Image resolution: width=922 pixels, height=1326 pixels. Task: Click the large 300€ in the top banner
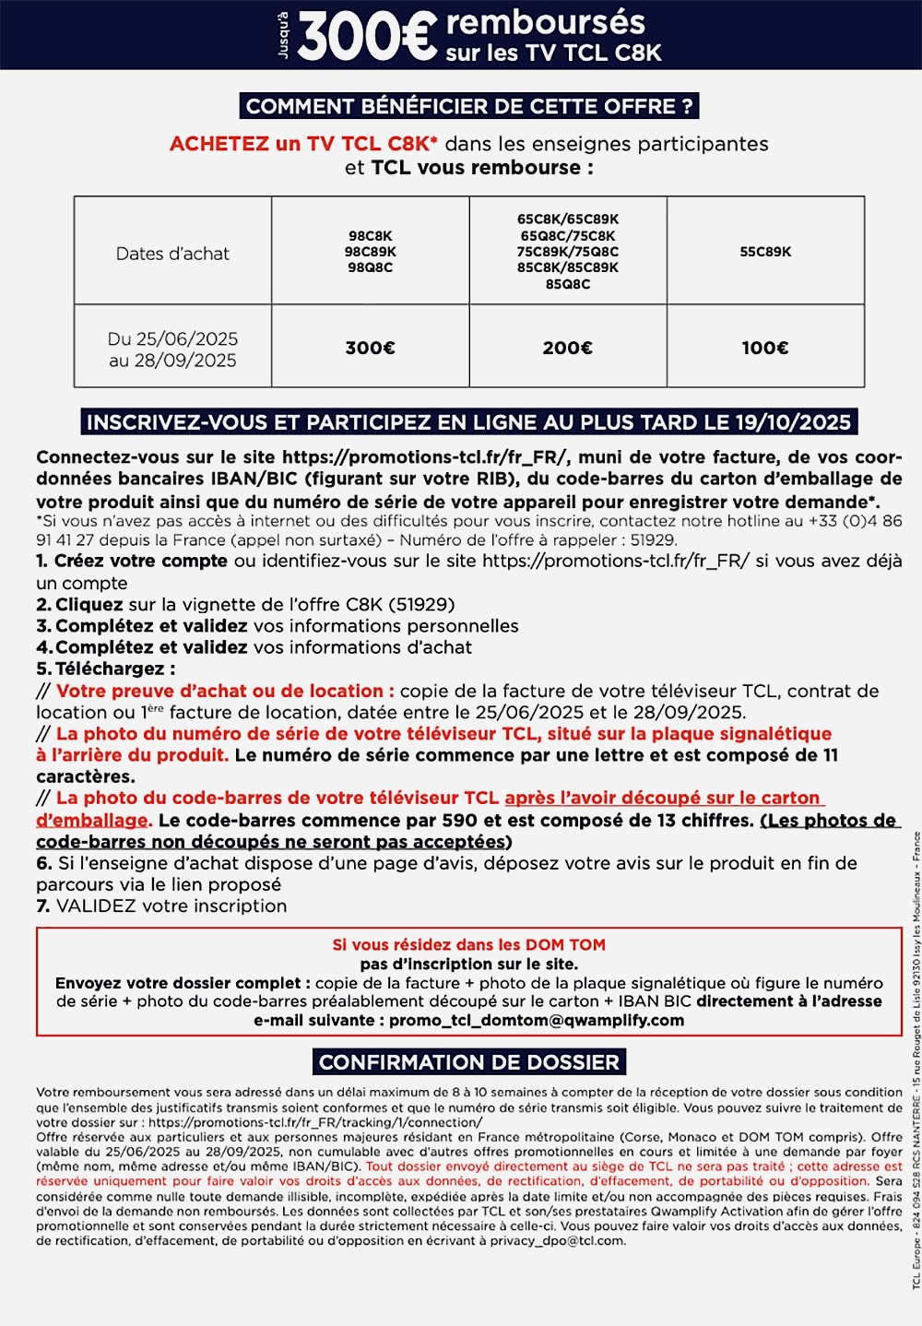click(x=367, y=37)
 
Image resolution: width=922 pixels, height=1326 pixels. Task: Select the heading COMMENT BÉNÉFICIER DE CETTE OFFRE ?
click(x=468, y=106)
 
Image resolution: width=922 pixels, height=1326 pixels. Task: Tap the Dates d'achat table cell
click(x=172, y=254)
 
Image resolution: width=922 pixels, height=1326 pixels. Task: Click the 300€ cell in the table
click(x=370, y=348)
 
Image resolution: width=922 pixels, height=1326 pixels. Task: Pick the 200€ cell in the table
click(x=567, y=348)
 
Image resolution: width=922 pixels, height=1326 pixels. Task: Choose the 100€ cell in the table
click(x=765, y=348)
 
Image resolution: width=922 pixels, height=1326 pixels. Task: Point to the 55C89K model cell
click(x=765, y=252)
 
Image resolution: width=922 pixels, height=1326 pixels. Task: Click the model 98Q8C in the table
click(x=370, y=267)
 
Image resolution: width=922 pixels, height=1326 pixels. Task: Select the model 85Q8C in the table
click(x=567, y=284)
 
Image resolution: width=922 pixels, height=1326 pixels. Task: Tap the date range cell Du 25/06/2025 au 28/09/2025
click(x=172, y=349)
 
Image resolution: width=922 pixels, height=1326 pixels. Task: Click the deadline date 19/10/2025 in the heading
click(x=793, y=422)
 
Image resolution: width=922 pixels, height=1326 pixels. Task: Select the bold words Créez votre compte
click(x=140, y=561)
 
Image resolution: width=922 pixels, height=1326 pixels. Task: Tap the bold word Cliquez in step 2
click(x=89, y=605)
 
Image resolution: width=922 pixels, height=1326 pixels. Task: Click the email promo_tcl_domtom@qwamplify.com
click(x=537, y=1021)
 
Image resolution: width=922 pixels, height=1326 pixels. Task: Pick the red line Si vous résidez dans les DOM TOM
click(x=468, y=944)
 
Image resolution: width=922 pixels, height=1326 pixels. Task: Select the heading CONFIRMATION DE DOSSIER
click(x=468, y=1062)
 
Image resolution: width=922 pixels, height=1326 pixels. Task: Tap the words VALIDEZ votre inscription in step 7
click(x=171, y=906)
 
